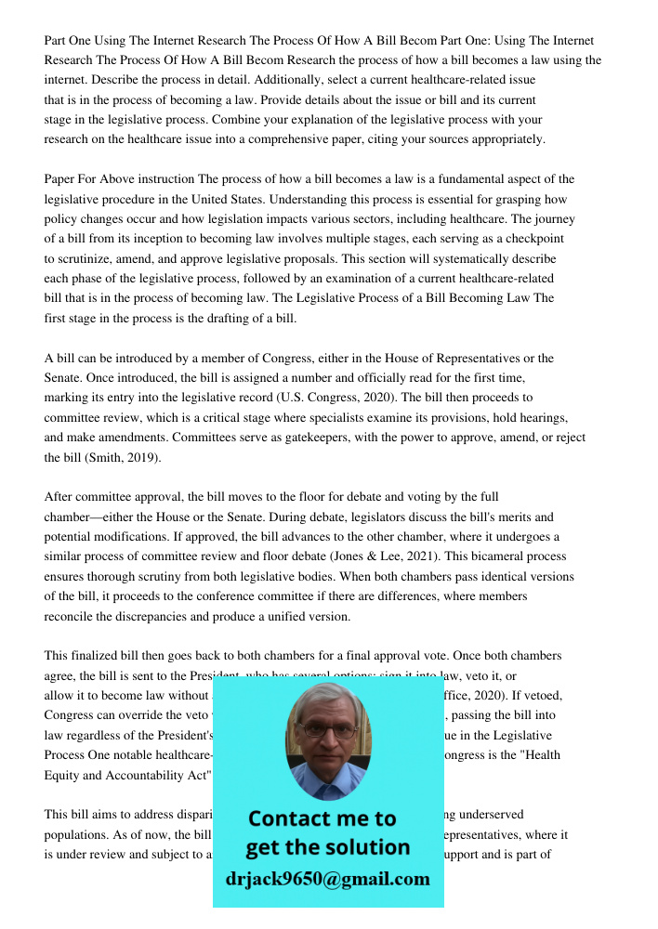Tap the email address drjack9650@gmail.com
point(327,878)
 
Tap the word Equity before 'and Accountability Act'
point(64,775)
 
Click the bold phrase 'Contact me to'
point(322,818)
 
